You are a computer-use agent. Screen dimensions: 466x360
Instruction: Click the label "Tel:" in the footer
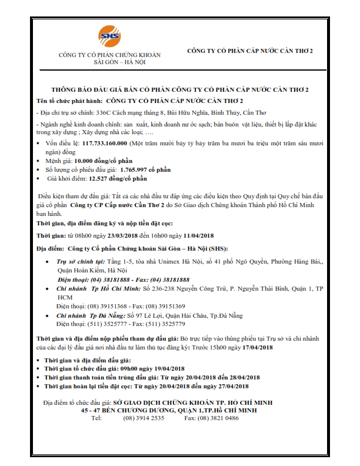96,418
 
